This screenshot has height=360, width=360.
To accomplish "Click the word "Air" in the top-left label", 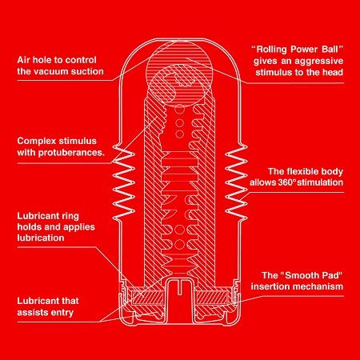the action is (x=23, y=60).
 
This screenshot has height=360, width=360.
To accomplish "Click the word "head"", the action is (x=332, y=72).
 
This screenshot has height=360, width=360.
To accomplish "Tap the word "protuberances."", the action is (x=71, y=153).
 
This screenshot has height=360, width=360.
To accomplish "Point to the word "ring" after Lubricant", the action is (x=70, y=216).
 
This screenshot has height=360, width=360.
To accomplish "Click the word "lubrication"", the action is (x=41, y=238).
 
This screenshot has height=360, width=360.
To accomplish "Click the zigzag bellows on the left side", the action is (x=123, y=183).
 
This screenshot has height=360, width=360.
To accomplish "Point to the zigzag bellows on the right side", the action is (x=237, y=183).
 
